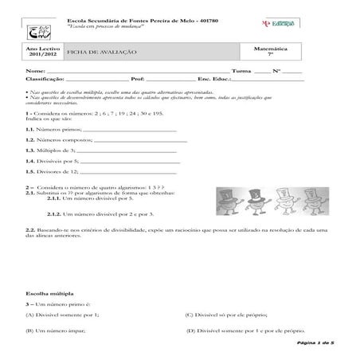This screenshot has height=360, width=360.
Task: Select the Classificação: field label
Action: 44,80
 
